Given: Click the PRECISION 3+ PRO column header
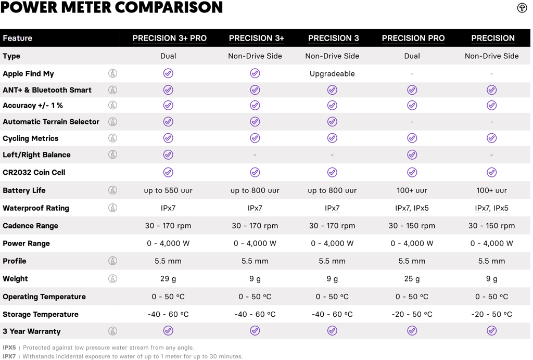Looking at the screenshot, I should point(169,38).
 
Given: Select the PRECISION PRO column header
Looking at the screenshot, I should point(413,38).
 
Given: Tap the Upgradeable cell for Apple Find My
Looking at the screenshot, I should point(332,74).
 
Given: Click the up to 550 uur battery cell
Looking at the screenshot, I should point(168,190).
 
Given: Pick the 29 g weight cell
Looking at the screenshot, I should point(168,279).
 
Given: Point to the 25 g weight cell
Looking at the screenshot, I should point(412,279).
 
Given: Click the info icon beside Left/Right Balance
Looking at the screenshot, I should point(112,155).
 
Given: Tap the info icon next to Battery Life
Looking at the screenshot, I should point(112,190).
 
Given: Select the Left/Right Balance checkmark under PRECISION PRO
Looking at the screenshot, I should point(412,155).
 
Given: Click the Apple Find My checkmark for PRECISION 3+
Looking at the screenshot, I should point(255,73).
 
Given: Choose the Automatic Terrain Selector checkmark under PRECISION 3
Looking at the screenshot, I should point(332,122).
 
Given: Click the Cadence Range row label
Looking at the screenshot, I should point(30,226).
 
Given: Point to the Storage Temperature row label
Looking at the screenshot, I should point(41,314).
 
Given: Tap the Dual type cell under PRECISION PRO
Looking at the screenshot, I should point(412,56).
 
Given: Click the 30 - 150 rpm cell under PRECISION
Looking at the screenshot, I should point(491,226).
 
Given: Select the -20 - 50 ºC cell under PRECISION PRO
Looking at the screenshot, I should point(412,314).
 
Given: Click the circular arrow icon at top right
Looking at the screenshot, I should point(522,8).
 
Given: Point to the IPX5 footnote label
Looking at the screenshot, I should point(9,348).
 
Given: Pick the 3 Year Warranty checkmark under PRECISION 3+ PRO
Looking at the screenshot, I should point(168,331).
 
